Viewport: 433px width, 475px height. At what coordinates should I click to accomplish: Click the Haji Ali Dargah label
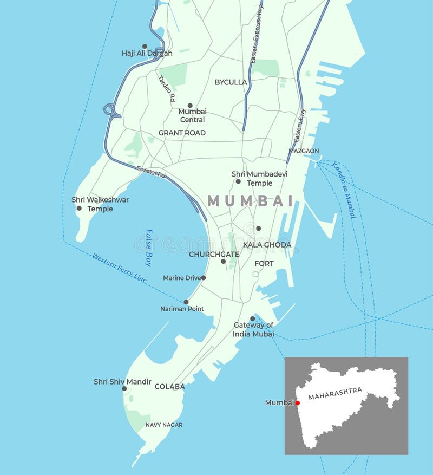pyautogui.click(x=147, y=54)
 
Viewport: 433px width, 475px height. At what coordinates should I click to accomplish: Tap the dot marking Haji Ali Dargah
pyautogui.click(x=145, y=47)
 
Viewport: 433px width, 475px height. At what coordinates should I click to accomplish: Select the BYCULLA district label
pyautogui.click(x=231, y=82)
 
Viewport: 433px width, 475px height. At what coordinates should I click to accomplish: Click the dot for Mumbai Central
pyautogui.click(x=190, y=106)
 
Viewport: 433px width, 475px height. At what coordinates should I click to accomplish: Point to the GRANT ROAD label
pyautogui.click(x=182, y=133)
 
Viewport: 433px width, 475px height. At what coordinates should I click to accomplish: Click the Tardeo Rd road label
pyautogui.click(x=167, y=88)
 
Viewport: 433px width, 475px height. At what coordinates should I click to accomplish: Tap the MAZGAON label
pyautogui.click(x=304, y=151)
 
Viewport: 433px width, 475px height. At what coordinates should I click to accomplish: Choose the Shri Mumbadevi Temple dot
pyautogui.click(x=238, y=181)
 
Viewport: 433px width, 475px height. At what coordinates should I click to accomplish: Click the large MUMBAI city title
pyautogui.click(x=250, y=201)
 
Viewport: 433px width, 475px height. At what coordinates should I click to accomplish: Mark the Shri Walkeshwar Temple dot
pyautogui.click(x=79, y=208)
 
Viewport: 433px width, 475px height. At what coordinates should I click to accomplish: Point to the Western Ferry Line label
pyautogui.click(x=119, y=268)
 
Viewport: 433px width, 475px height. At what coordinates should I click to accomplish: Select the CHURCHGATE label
pyautogui.click(x=214, y=254)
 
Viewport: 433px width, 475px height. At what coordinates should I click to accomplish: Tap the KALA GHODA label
pyautogui.click(x=267, y=245)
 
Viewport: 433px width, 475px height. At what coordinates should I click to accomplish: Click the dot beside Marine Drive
pyautogui.click(x=204, y=278)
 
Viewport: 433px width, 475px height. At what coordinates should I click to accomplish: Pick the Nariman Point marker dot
pyautogui.click(x=186, y=302)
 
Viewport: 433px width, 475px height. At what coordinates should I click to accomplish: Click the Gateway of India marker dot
pyautogui.click(x=252, y=319)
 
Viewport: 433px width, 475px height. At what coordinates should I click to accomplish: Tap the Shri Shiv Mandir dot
pyautogui.click(x=124, y=388)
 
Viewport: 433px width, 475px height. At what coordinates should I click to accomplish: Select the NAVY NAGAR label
pyautogui.click(x=164, y=425)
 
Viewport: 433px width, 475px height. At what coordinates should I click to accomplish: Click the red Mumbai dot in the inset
pyautogui.click(x=298, y=403)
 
